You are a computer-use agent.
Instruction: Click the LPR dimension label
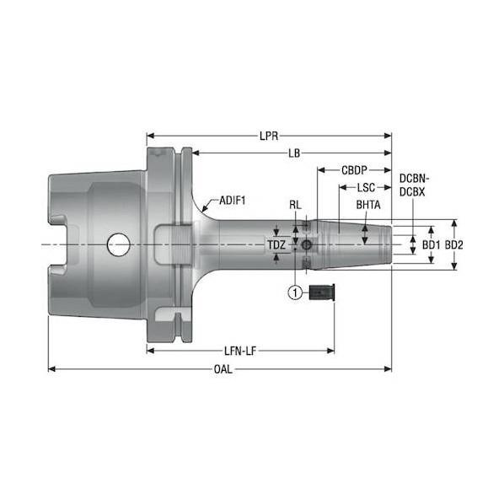pos(269,136)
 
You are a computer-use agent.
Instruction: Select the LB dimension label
pos(294,153)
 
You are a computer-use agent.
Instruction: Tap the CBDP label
pos(354,170)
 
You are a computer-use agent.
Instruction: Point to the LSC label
pos(366,187)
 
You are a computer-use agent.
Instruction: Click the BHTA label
pos(368,205)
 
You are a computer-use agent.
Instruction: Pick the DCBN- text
pos(415,178)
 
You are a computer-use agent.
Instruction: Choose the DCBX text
pos(412,192)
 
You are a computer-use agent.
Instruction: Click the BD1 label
pos(431,245)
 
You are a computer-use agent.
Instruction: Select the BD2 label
pos(454,245)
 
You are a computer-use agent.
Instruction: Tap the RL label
pos(295,205)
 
